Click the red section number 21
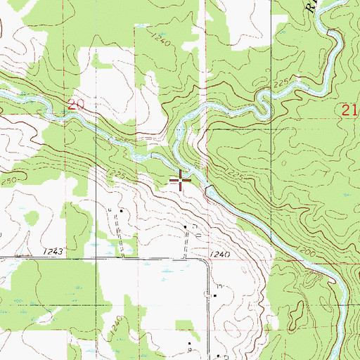[x=350, y=109]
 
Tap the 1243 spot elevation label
[x=53, y=251]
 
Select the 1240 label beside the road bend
[x=220, y=254]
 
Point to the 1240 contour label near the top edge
[x=160, y=43]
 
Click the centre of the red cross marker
[x=181, y=181]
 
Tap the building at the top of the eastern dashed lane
[x=186, y=226]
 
